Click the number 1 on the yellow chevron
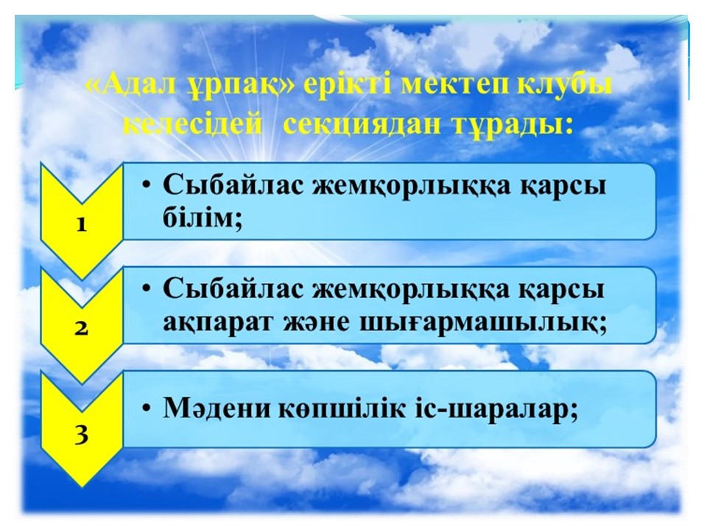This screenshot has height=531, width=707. [x=81, y=224]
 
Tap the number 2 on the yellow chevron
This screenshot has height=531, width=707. [x=81, y=328]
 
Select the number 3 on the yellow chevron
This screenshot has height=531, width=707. [x=81, y=435]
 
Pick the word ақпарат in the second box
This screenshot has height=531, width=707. [x=218, y=323]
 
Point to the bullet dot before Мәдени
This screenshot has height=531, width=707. [x=146, y=409]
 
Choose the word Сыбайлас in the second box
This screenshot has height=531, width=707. [x=233, y=288]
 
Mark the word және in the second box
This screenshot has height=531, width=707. [x=316, y=323]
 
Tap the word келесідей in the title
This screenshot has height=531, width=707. [x=191, y=125]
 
